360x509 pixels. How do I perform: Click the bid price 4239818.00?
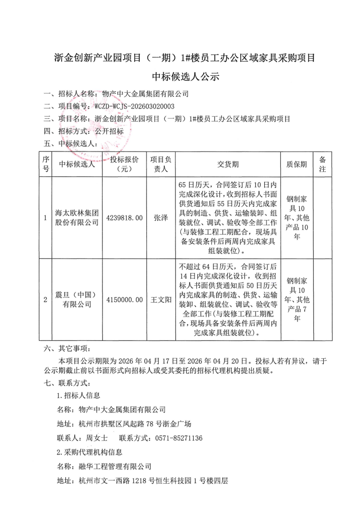click(124, 218)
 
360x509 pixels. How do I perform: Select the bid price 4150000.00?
click(124, 299)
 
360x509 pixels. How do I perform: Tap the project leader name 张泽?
click(161, 218)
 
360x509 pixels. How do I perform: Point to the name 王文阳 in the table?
click(161, 299)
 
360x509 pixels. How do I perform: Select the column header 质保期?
click(297, 164)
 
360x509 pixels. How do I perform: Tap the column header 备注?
click(322, 164)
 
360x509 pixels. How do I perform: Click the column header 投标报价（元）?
click(124, 164)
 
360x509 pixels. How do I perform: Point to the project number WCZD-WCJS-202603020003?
click(134, 106)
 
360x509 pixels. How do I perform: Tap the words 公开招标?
click(109, 132)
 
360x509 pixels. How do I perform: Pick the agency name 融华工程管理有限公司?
click(115, 466)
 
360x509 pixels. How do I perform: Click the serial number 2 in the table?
click(45, 299)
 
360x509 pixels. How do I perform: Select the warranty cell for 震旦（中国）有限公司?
click(297, 299)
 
